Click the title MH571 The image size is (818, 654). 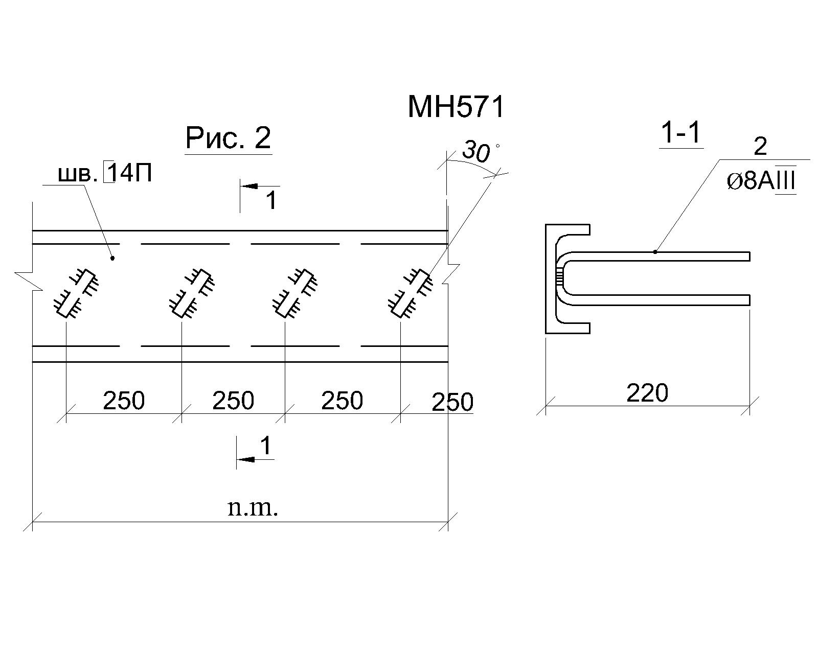coord(456,107)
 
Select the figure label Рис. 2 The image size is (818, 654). coord(228,138)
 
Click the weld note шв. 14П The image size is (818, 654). coord(105,173)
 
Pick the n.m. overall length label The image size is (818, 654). coord(253,508)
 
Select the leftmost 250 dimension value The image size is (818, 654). coord(124,400)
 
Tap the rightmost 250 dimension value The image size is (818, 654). coord(452,402)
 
